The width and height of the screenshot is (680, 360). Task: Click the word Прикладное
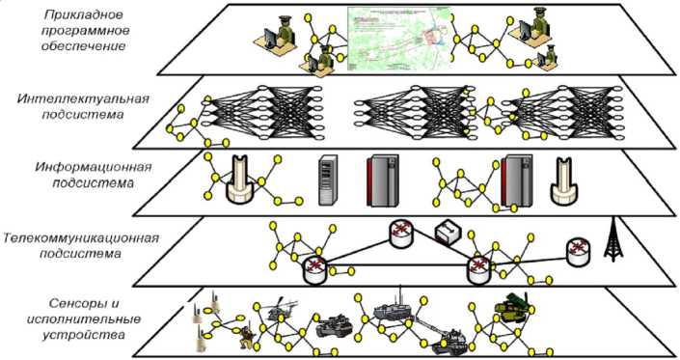84,15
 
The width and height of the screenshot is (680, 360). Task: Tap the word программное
85,31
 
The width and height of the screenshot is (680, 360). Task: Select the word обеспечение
84,46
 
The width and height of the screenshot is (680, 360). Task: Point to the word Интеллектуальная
83,99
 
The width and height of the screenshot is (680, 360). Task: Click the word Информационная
94,168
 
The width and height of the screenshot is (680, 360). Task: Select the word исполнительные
84,319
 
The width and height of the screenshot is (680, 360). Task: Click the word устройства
84,335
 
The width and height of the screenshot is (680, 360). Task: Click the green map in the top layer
399,39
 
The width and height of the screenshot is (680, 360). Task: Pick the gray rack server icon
328,180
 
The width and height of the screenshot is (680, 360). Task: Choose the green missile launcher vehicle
512,307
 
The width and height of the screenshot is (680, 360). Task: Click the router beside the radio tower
578,253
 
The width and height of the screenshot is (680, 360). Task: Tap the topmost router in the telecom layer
401,233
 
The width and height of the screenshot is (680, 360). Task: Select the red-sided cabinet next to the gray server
382,180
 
